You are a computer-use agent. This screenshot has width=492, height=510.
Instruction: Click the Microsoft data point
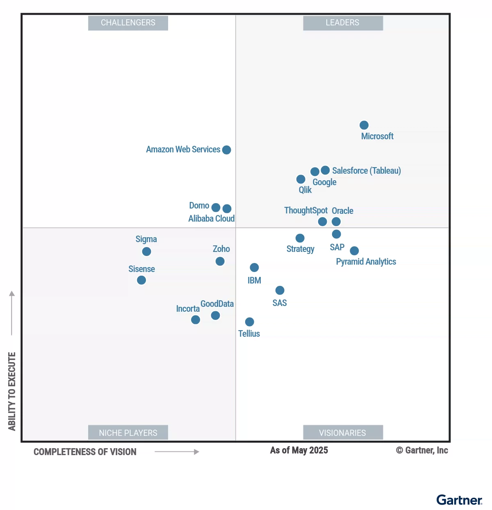click(364, 125)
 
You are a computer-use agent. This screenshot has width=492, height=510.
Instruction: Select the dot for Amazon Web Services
click(226, 150)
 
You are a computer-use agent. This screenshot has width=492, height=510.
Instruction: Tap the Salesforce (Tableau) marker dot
click(325, 170)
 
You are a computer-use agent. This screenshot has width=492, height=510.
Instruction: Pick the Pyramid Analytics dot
click(354, 251)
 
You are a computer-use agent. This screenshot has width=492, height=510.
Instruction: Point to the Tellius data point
click(249, 322)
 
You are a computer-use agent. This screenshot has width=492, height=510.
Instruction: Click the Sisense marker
click(141, 280)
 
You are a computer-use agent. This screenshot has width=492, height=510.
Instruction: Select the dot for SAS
click(280, 290)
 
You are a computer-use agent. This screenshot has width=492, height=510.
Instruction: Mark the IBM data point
click(254, 267)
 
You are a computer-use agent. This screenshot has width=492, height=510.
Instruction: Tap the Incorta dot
click(196, 320)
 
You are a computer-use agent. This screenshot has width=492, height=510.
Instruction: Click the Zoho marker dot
click(220, 261)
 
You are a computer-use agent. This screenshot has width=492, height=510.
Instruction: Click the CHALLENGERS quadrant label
click(128, 23)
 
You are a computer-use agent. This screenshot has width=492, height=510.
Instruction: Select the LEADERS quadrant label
click(343, 23)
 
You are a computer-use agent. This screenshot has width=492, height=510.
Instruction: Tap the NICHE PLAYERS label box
click(128, 433)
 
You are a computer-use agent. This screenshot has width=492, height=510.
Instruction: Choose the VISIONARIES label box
click(343, 433)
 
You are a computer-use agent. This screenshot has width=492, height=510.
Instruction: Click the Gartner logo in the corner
click(459, 500)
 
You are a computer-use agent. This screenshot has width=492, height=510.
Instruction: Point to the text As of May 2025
click(299, 450)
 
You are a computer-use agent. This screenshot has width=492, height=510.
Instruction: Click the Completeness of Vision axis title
click(85, 452)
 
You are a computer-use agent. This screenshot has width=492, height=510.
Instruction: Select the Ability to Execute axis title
click(12, 391)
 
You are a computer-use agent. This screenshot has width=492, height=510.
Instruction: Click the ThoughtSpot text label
click(306, 211)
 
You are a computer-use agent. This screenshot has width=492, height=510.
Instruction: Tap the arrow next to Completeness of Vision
click(177, 452)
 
